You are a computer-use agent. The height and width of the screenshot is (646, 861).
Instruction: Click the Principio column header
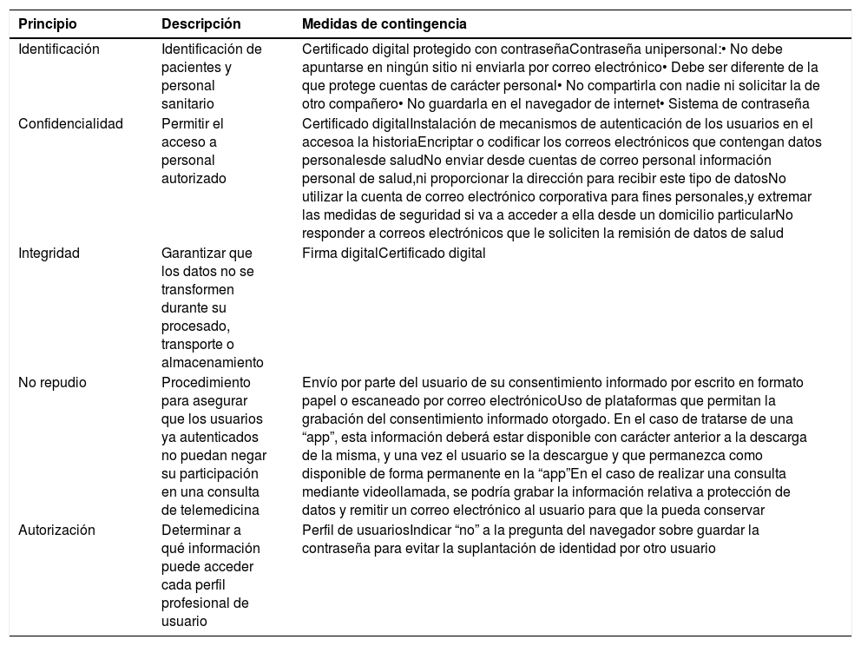[47, 23]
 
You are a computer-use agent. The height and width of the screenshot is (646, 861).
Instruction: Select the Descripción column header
[201, 23]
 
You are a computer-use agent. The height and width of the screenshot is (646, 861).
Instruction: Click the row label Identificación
[59, 49]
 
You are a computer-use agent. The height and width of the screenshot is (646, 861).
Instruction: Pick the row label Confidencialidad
[71, 123]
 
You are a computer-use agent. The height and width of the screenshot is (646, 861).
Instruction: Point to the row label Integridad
[49, 254]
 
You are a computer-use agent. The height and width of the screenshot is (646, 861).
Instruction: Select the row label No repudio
[53, 382]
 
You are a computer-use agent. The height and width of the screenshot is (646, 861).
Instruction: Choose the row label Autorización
[57, 530]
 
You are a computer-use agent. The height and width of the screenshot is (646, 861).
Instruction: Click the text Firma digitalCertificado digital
[393, 254]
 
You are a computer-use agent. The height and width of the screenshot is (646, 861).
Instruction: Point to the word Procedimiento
[206, 382]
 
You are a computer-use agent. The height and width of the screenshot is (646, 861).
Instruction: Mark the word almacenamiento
[213, 363]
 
